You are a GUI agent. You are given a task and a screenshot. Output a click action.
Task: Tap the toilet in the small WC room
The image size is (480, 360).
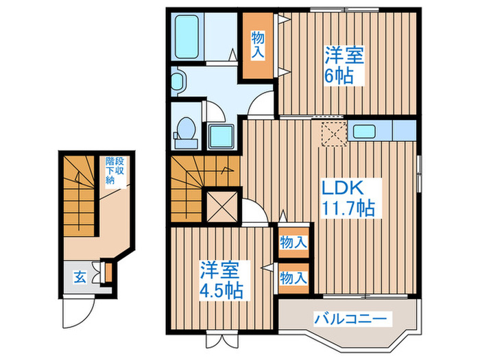pos(184,130)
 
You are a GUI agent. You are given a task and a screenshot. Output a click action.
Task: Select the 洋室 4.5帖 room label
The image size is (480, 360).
pos(221,278)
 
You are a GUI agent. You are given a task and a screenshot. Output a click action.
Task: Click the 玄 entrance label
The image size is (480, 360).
pos(80,278)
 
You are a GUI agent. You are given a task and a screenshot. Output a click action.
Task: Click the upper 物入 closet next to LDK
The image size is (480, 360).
pos(293,242)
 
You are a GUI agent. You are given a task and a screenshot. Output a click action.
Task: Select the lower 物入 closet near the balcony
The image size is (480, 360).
pos(293,278)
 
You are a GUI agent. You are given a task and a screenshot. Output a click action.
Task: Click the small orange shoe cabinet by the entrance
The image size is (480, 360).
pos(106,272)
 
